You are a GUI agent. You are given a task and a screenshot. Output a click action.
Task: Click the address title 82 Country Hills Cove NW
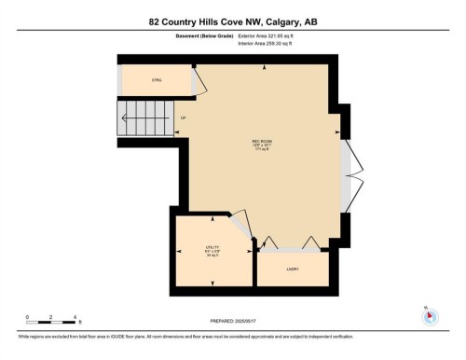[232, 21]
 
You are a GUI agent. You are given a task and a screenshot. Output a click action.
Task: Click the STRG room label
[157, 81]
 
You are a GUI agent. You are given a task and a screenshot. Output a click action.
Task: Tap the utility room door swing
[240, 227]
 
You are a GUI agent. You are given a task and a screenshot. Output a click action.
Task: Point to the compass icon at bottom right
[429, 315]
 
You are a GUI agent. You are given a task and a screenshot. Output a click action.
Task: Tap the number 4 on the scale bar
[75, 317]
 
